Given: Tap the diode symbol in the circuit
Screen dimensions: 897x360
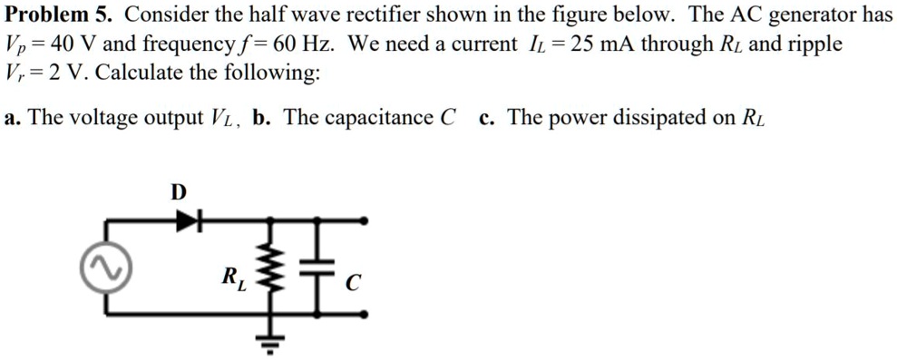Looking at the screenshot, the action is [187, 219].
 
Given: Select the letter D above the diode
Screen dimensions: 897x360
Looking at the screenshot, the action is [178, 192].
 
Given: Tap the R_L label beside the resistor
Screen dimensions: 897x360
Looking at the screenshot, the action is [232, 277].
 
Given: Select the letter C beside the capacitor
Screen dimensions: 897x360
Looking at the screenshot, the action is [353, 286].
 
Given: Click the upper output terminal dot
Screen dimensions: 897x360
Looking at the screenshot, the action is [366, 219].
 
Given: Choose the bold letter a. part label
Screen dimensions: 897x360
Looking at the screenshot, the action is [10, 118].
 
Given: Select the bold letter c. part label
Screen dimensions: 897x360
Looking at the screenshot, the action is [487, 118].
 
